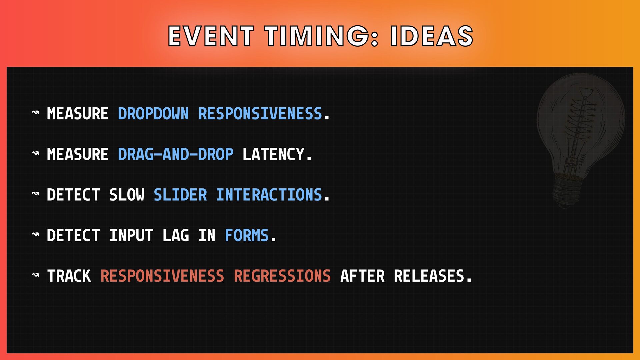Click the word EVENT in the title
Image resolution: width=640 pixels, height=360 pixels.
(211, 36)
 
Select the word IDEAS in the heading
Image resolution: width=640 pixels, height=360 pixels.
(432, 36)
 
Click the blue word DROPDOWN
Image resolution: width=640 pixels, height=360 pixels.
(153, 114)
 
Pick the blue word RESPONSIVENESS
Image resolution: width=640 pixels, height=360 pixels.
(260, 114)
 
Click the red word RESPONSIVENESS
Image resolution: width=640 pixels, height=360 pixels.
(162, 276)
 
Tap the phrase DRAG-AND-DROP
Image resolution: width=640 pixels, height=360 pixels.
(176, 154)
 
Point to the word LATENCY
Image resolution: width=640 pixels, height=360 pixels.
(273, 154)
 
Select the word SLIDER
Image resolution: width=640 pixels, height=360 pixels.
(180, 195)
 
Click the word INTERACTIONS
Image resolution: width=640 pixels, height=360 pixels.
(269, 195)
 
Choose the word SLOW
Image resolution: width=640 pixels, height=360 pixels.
(127, 195)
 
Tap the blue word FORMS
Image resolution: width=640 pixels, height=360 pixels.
(247, 236)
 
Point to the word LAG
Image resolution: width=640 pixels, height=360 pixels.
(176, 236)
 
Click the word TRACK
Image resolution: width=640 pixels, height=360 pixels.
(69, 276)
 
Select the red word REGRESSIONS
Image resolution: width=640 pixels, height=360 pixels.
(282, 276)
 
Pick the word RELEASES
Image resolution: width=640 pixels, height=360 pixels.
(429, 276)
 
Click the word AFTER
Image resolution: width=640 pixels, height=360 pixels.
(362, 276)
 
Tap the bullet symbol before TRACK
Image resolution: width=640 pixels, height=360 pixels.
(35, 275)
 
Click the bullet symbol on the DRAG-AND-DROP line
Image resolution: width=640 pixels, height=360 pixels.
(35, 153)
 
